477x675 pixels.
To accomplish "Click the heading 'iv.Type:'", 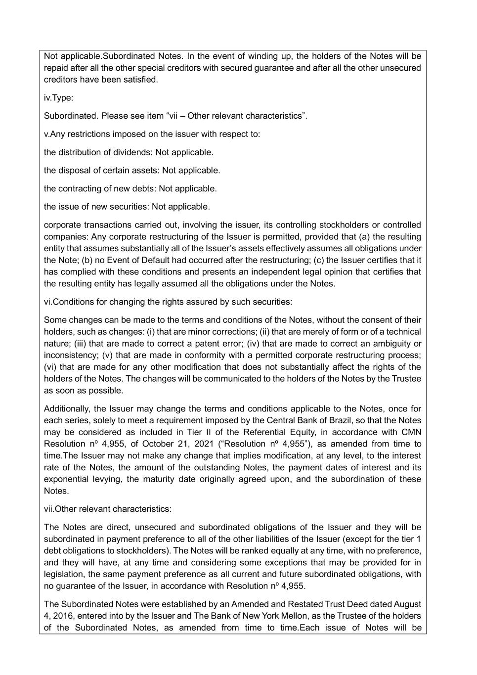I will [58, 97].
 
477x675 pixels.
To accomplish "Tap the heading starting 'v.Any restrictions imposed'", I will [152, 134].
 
